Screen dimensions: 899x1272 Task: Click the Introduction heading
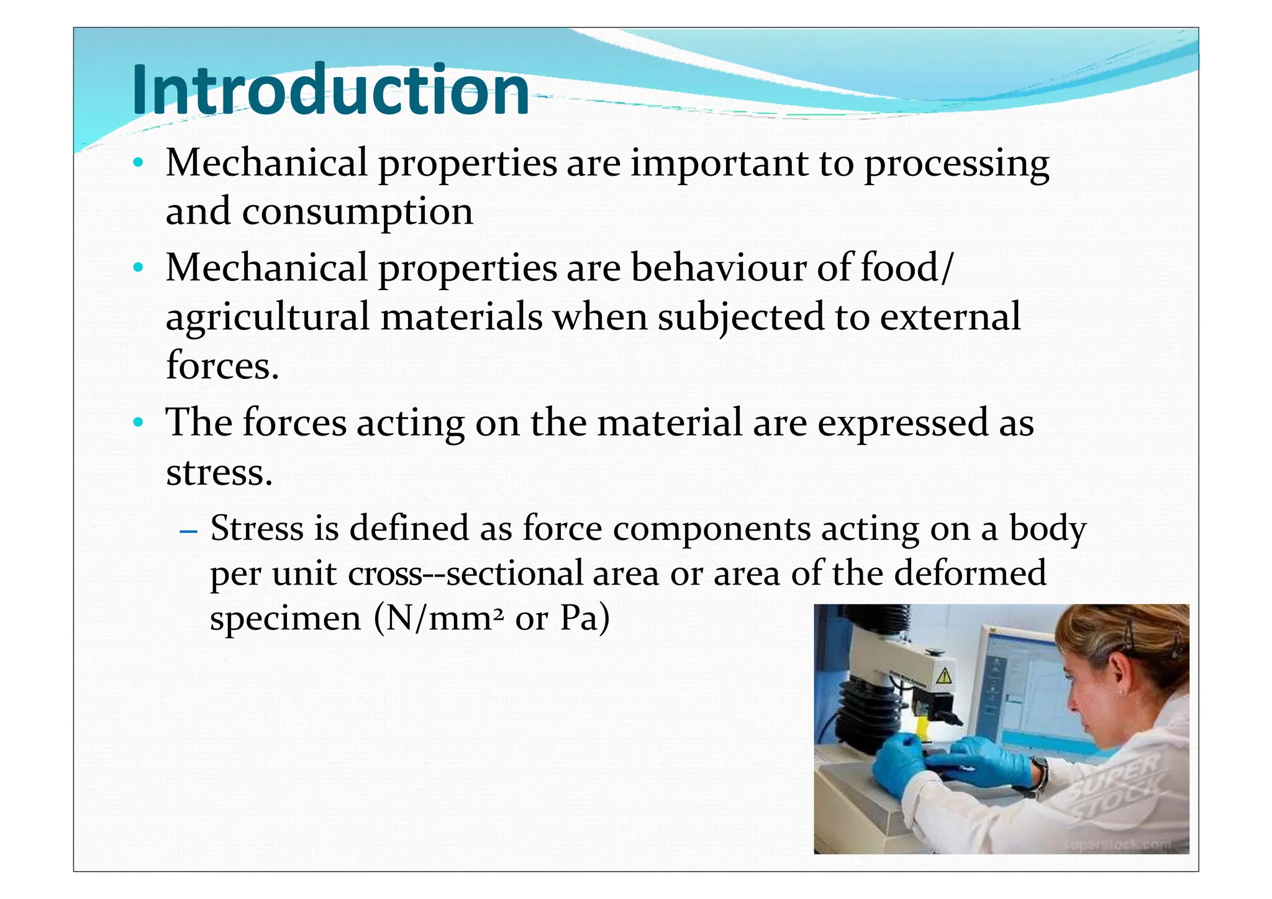[330, 90]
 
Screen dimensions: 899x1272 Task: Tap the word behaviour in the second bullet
[719, 268]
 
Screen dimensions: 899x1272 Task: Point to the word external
[950, 317]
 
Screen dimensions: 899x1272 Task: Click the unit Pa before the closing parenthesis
[578, 619]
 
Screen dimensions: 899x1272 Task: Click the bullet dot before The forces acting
[138, 423]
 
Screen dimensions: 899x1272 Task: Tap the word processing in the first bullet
[956, 165]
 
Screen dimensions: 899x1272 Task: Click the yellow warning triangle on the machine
[943, 676]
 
